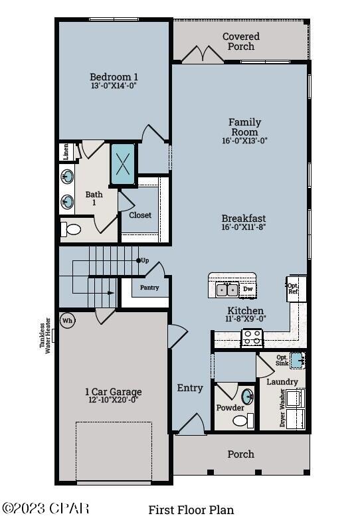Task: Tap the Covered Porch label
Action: [241, 41]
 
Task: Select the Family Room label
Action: [244, 127]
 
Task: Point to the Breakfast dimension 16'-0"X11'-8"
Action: [244, 228]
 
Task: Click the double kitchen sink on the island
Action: [226, 289]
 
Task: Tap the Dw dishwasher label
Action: [248, 289]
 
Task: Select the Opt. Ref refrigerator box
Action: [293, 288]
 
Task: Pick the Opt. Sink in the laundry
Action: [297, 359]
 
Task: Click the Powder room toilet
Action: [240, 420]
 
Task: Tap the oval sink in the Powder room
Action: [247, 397]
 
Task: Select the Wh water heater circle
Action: [67, 320]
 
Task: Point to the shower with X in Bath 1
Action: [123, 163]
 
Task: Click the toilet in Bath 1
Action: [70, 230]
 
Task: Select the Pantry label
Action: [149, 288]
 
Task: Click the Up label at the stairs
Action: [144, 260]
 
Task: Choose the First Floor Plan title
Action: [191, 510]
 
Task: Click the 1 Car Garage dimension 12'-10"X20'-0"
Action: [113, 400]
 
